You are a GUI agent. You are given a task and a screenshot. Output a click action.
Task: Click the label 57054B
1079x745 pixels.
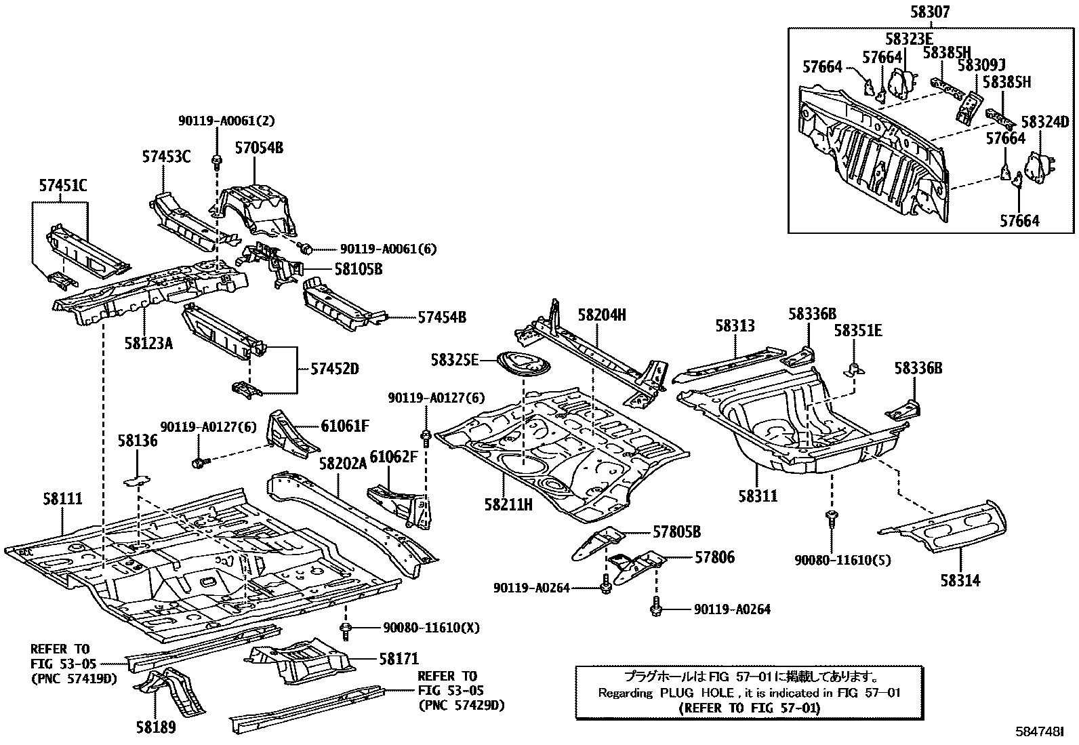tap(260, 147)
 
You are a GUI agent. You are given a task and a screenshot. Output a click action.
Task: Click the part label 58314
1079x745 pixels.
tap(960, 581)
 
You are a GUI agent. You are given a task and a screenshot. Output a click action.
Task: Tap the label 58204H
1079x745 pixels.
tap(602, 315)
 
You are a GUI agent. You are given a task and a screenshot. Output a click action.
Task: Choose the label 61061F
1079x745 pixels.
tap(344, 426)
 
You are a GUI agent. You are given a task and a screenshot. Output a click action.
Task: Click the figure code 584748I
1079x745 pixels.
tap(1039, 733)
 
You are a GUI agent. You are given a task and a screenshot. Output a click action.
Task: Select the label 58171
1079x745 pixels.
tap(399, 658)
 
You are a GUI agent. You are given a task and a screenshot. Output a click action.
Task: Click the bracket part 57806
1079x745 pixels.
tap(636, 562)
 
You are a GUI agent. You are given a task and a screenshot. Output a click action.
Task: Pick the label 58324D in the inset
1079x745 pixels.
tap(1045, 122)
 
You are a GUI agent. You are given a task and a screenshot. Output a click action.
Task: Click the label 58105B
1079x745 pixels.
tap(358, 269)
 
